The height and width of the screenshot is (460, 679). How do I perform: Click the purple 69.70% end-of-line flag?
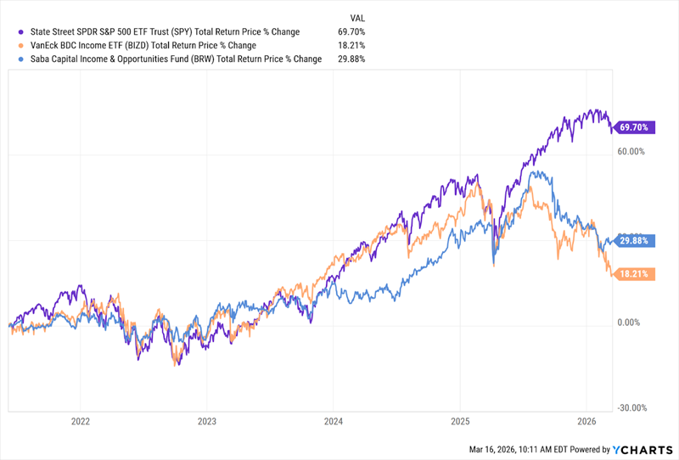pyautogui.click(x=633, y=128)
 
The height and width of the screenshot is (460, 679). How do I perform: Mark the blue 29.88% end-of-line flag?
pyautogui.click(x=633, y=240)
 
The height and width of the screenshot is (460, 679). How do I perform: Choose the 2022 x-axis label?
pyautogui.click(x=81, y=421)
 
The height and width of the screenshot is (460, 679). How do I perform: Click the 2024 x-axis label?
pyautogui.click(x=334, y=421)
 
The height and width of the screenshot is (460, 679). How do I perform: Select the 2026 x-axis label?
pyautogui.click(x=586, y=421)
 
